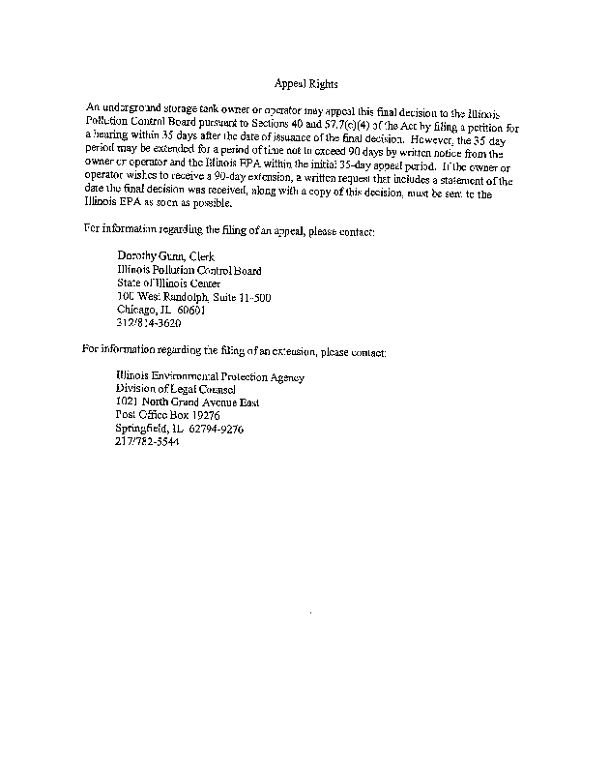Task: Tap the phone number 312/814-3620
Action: pos(148,324)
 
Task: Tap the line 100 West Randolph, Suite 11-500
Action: pos(193,297)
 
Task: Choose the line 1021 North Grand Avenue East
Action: pos(188,402)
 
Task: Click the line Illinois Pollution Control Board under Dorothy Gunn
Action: pos(189,270)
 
